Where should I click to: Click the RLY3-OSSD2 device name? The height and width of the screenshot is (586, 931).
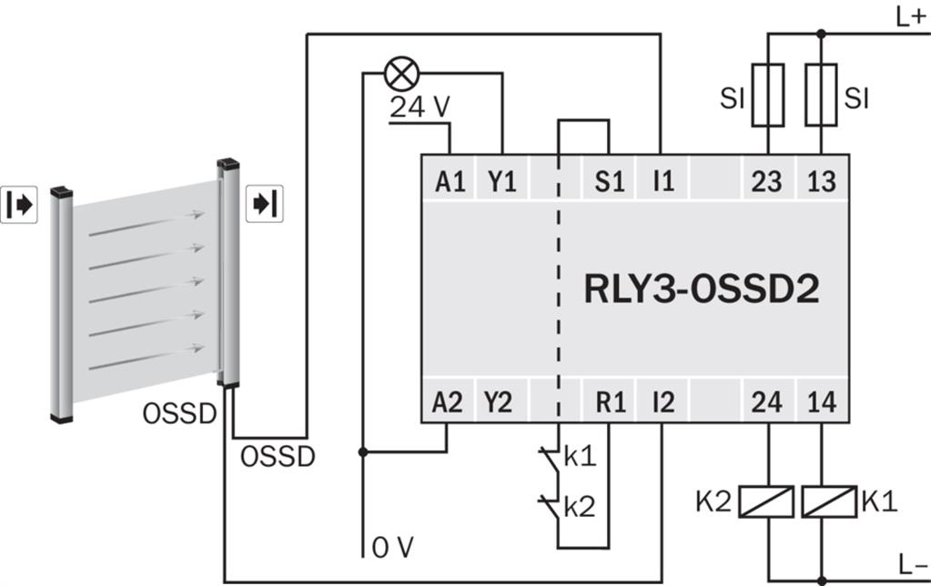[x=702, y=289]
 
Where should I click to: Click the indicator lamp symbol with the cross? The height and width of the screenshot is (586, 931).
[x=402, y=75]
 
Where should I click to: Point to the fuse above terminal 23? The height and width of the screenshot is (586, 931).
[x=768, y=95]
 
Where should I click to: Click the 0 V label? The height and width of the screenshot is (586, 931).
[x=392, y=548]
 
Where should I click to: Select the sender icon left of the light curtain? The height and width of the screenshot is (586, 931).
[x=19, y=205]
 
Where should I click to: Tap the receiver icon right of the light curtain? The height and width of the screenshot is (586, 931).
[x=264, y=204]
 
